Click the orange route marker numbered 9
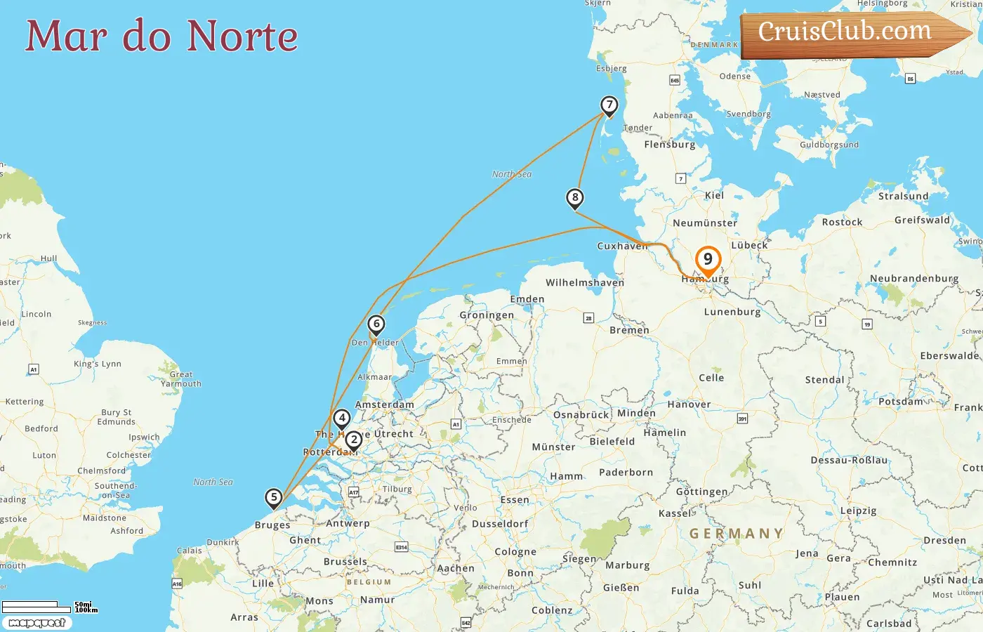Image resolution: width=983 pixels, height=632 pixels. pyautogui.click(x=708, y=260)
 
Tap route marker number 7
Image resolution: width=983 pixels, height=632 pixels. pyautogui.click(x=609, y=106)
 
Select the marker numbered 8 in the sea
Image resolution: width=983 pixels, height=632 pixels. pyautogui.click(x=575, y=198)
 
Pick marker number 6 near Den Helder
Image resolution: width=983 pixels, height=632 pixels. pyautogui.click(x=376, y=324)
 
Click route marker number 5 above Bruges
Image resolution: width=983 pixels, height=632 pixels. pyautogui.click(x=274, y=498)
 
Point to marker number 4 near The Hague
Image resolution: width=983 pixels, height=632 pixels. pyautogui.click(x=341, y=419)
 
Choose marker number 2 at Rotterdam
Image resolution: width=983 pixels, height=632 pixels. pyautogui.click(x=354, y=440)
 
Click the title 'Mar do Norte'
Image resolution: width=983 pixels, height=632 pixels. pyautogui.click(x=161, y=36)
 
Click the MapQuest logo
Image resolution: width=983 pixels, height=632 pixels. pyautogui.click(x=37, y=623)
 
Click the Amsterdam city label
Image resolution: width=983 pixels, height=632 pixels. pyautogui.click(x=385, y=404)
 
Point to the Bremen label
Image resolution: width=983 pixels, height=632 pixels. pyautogui.click(x=629, y=330)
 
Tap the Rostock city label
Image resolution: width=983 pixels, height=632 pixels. pyautogui.click(x=842, y=222)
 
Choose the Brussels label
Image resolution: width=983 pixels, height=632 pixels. pyautogui.click(x=345, y=562)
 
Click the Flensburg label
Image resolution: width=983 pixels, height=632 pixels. pyautogui.click(x=670, y=145)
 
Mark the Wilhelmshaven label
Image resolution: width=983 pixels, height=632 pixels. pyautogui.click(x=585, y=283)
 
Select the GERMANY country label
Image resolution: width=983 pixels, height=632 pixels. pyautogui.click(x=736, y=534)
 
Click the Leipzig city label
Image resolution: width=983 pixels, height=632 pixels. pyautogui.click(x=858, y=511)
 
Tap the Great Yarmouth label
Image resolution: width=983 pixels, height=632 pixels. pyautogui.click(x=181, y=379)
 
